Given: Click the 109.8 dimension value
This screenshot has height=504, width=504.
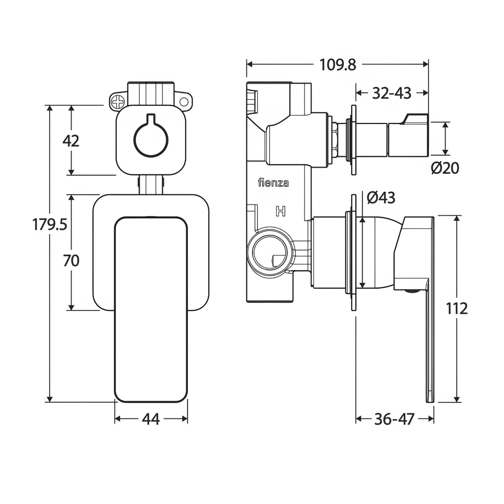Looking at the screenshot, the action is tap(338, 65).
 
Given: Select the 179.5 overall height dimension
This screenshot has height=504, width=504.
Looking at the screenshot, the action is tap(49, 224).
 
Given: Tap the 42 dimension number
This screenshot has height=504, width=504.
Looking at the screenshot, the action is tap(71, 141).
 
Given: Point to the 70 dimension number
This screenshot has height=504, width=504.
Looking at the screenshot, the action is tap(71, 261).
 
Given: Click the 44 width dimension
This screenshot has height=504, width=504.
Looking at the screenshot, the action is tap(151, 419).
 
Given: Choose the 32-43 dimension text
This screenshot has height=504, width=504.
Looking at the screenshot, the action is tap(392, 93).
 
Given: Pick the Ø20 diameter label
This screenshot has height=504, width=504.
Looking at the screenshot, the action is tap(445, 168).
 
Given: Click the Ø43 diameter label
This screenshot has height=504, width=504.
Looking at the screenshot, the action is tap(381, 198).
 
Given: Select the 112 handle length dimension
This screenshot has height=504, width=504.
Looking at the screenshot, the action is tap(457, 309).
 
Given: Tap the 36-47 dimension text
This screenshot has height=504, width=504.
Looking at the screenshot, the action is tap(395, 419).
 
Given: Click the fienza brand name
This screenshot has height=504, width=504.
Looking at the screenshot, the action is tap(273, 182).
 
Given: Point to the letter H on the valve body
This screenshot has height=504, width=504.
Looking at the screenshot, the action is tap(280, 211).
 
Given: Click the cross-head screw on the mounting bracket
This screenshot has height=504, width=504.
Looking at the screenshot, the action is tap(118, 102).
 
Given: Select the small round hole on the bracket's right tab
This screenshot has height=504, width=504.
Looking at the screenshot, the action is tap(184, 102).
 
